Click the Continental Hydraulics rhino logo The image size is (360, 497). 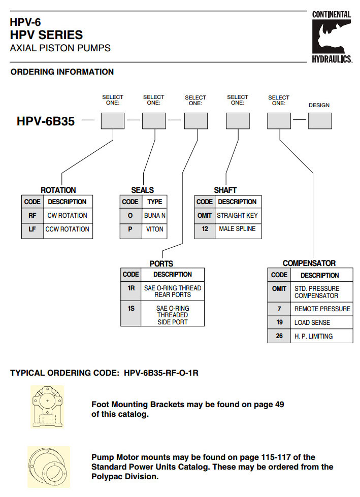[332, 36]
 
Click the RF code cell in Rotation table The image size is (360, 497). [32, 215]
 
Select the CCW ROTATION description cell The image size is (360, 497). [67, 229]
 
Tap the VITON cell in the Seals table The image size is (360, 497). [154, 229]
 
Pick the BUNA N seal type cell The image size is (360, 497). [154, 215]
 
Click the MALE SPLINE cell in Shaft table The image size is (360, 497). [237, 228]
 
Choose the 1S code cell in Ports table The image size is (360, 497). [131, 308]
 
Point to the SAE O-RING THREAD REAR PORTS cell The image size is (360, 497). [172, 291]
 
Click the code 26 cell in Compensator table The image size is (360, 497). [279, 336]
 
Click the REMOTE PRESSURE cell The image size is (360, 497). [322, 309]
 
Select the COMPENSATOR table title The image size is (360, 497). [309, 263]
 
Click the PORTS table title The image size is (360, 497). [161, 263]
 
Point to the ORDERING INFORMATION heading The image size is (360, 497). [62, 72]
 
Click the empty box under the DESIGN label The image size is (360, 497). [319, 121]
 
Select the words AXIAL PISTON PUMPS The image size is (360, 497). [60, 49]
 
